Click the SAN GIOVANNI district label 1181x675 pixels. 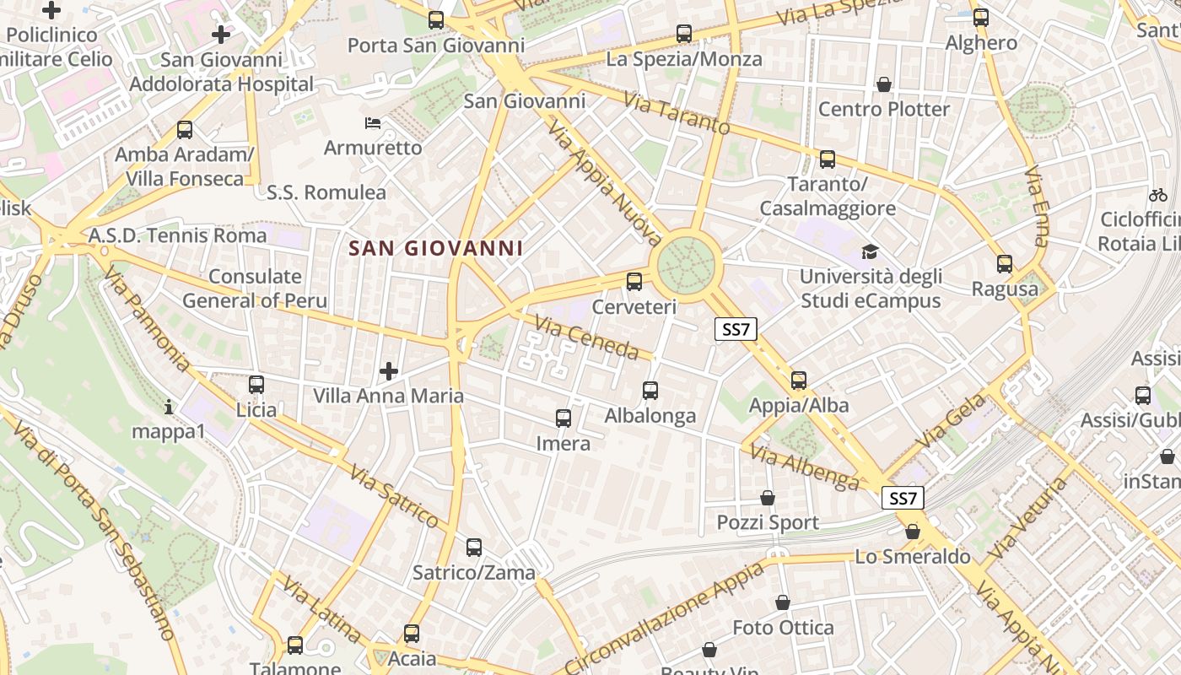pyautogui.click(x=435, y=248)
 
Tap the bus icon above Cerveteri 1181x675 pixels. pyautogui.click(x=634, y=282)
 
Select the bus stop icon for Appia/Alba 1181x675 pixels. pyautogui.click(x=799, y=381)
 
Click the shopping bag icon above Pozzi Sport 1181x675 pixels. pyautogui.click(x=768, y=498)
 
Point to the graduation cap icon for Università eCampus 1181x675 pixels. pyautogui.click(x=870, y=251)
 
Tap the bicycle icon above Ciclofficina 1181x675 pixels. pyautogui.click(x=1158, y=195)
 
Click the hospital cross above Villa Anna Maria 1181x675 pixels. pyautogui.click(x=389, y=371)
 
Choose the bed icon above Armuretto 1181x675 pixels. pyautogui.click(x=373, y=123)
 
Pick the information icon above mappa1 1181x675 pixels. pyautogui.click(x=169, y=408)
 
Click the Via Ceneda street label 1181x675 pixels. pyautogui.click(x=586, y=336)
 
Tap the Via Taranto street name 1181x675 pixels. pyautogui.click(x=677, y=113)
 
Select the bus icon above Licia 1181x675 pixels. pyautogui.click(x=256, y=385)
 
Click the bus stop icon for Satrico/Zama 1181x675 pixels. pyautogui.click(x=474, y=548)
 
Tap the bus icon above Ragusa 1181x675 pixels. pyautogui.click(x=1005, y=264)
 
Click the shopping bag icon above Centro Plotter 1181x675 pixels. pyautogui.click(x=884, y=84)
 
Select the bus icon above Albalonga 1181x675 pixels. pyautogui.click(x=650, y=391)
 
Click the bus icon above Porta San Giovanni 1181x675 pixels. pyautogui.click(x=436, y=20)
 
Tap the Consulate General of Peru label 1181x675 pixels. pyautogui.click(x=255, y=289)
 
